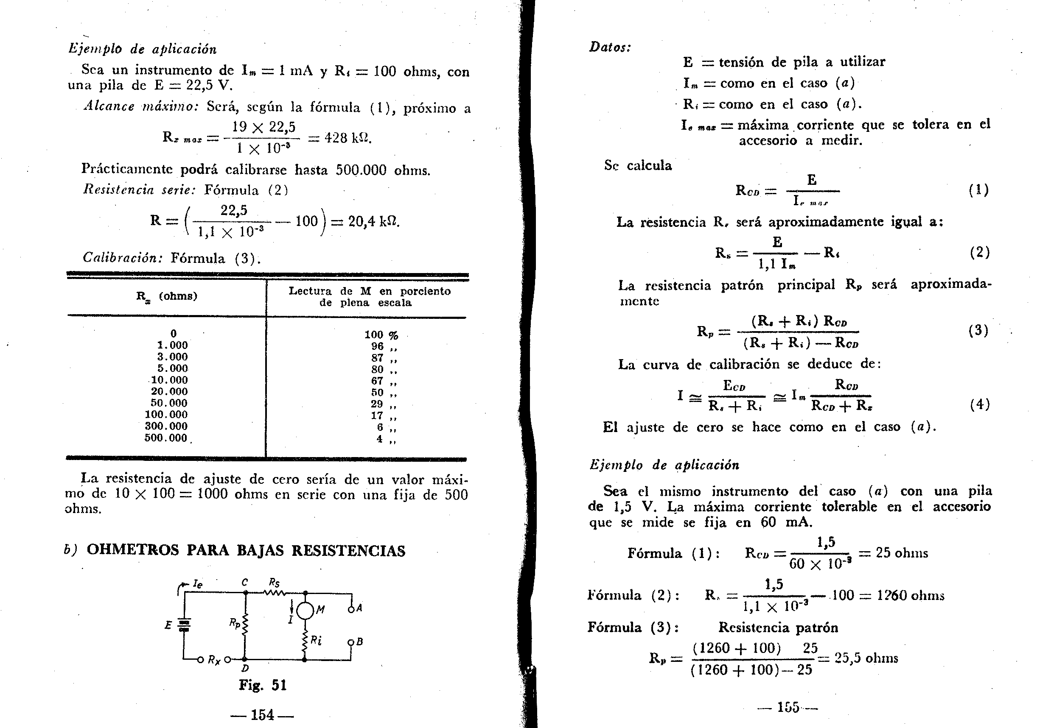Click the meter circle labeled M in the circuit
tap(305, 611)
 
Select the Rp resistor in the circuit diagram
tap(245, 625)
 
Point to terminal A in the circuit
tap(350, 609)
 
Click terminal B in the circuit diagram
tap(350, 642)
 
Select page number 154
tap(262, 715)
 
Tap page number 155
tap(788, 707)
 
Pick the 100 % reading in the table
tap(381, 335)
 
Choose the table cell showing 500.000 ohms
tap(166, 438)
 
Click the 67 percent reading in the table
tap(378, 380)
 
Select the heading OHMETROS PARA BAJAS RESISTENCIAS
tap(246, 550)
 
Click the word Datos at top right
tap(610, 47)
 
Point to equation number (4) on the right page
tap(979, 404)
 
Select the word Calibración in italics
tap(122, 258)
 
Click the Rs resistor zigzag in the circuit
tap(275, 592)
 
